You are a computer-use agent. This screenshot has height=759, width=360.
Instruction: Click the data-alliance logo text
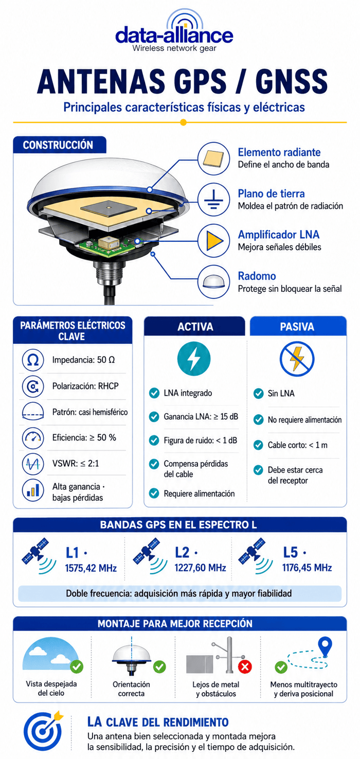click(174, 35)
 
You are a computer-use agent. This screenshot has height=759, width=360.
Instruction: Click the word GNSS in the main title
click(291, 81)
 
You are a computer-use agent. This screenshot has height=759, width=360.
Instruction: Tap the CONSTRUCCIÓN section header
click(58, 145)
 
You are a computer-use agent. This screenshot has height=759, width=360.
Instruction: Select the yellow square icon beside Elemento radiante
click(213, 158)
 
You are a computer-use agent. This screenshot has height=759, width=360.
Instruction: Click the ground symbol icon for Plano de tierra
click(214, 199)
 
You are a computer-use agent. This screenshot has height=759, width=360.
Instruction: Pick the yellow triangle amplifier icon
click(214, 241)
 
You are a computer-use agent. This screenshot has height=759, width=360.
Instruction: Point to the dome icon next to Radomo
click(214, 281)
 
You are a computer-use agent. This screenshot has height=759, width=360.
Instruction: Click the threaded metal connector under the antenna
click(109, 272)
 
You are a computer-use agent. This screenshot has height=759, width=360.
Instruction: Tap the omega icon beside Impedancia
click(33, 360)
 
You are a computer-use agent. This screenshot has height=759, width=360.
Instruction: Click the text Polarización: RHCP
click(85, 386)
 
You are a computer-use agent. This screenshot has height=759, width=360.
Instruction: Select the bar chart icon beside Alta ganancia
click(33, 490)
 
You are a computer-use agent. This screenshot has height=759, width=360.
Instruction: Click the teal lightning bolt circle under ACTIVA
click(194, 359)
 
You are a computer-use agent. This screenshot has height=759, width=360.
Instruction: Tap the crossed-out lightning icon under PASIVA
click(297, 359)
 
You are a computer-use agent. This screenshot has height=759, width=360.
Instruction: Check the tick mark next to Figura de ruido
click(154, 440)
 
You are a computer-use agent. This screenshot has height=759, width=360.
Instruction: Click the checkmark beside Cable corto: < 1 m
click(258, 445)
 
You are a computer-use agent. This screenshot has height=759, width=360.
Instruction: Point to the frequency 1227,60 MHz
click(200, 568)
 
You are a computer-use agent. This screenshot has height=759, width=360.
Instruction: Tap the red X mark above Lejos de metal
click(245, 667)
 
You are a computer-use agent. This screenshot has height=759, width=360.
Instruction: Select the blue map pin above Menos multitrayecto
click(325, 647)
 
